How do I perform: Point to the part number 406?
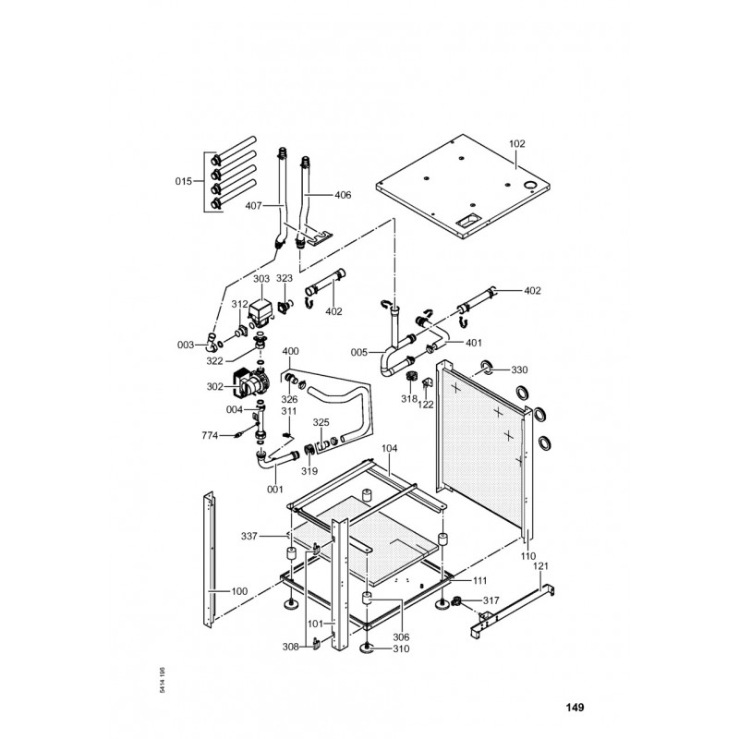point(343,195)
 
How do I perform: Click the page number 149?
point(575,709)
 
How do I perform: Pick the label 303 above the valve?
point(261,278)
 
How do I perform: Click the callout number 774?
point(211,434)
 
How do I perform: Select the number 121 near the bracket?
point(542,564)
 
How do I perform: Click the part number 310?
point(400,648)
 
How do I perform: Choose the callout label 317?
point(491,600)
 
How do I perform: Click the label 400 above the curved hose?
point(291,352)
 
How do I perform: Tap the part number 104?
point(390,448)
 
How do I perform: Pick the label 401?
point(474,343)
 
